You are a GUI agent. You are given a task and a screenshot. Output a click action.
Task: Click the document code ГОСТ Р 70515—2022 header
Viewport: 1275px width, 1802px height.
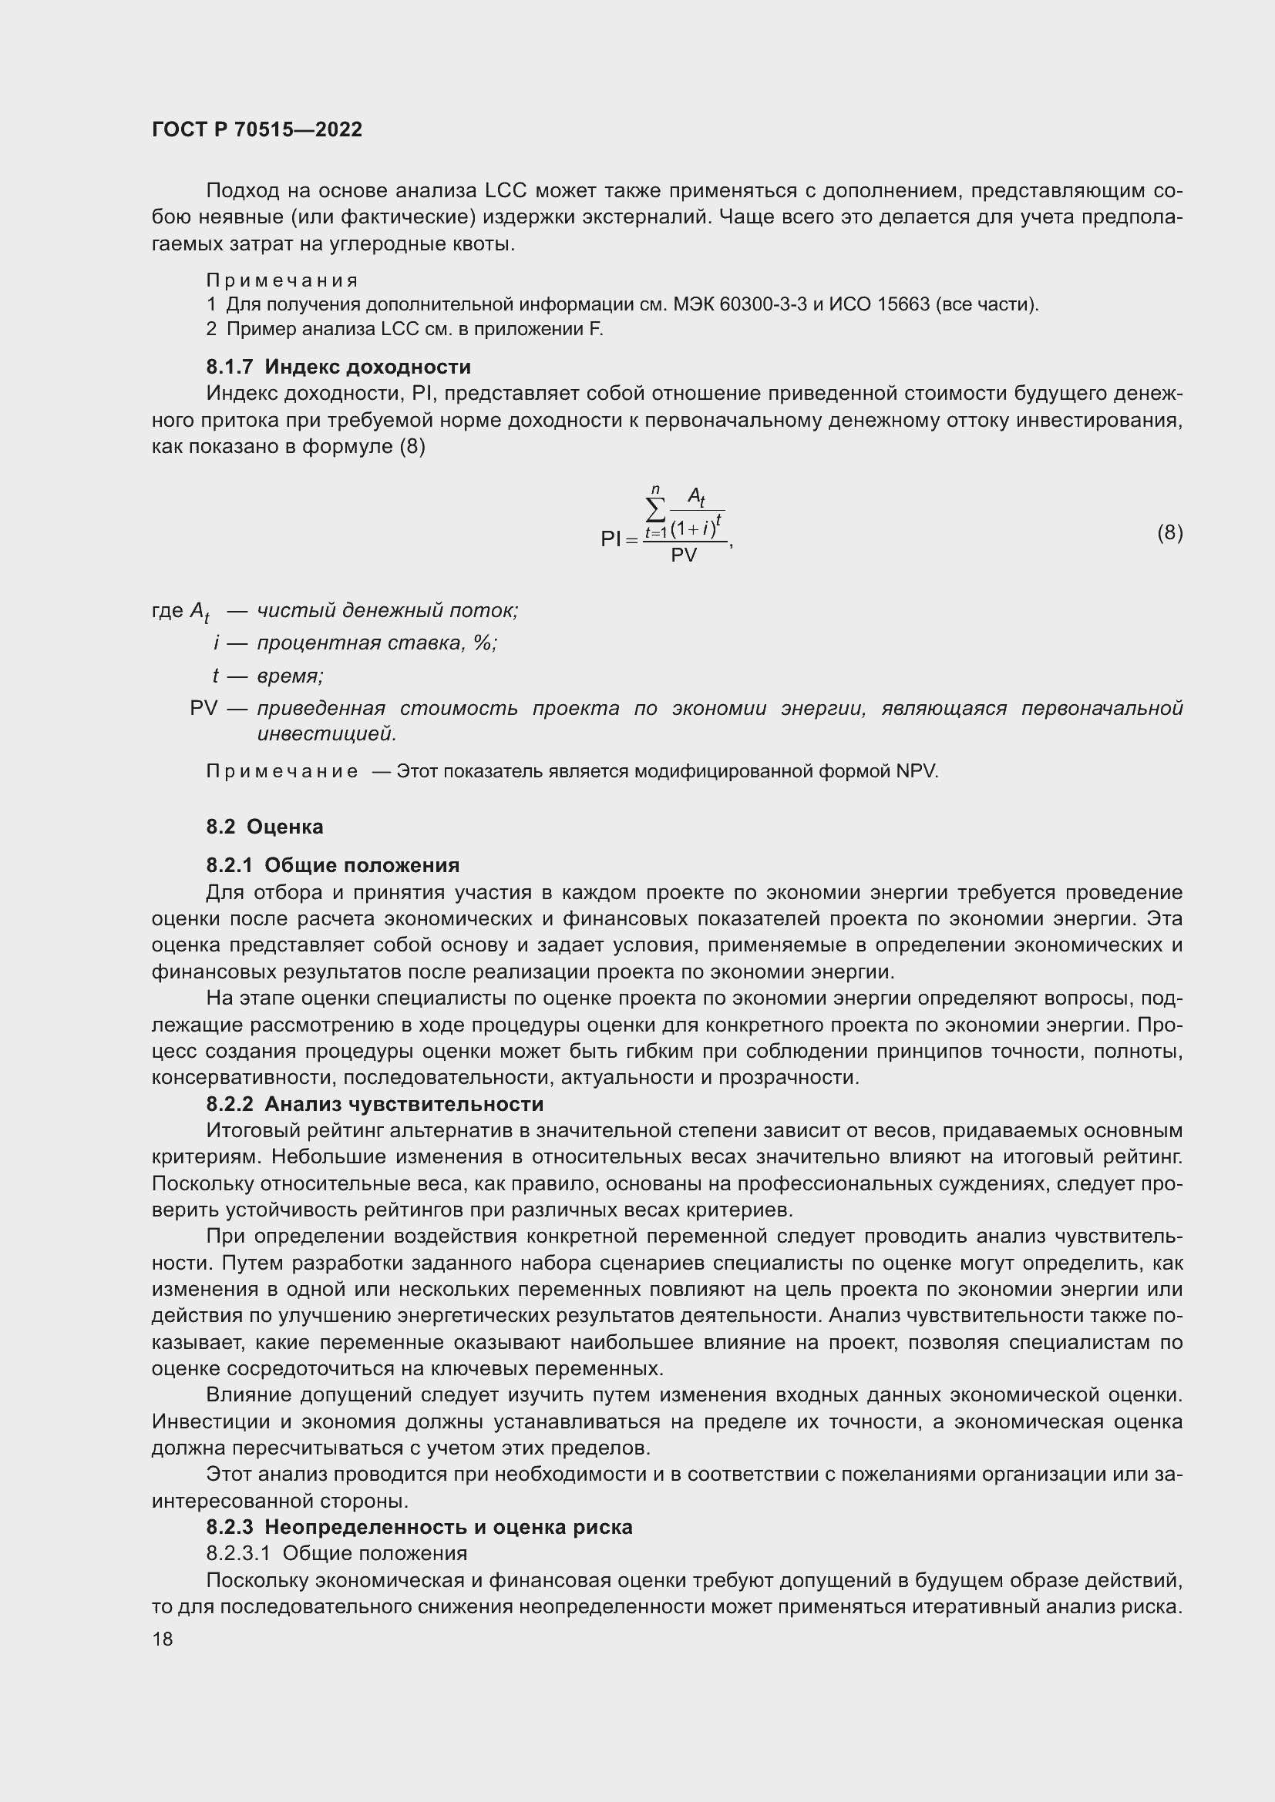point(257,129)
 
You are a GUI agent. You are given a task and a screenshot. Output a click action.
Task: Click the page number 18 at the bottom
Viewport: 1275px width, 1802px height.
point(163,1639)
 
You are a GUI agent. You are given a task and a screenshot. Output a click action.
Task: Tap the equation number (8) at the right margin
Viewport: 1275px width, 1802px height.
point(1170,533)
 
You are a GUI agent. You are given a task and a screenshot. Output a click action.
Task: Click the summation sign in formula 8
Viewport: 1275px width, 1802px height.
point(654,510)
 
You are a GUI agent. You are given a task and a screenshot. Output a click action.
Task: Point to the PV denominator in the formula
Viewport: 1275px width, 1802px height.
point(684,555)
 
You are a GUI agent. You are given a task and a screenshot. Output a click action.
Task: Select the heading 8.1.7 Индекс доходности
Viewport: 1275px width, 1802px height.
point(338,367)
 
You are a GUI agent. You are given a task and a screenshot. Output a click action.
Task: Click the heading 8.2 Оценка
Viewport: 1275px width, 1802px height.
point(264,827)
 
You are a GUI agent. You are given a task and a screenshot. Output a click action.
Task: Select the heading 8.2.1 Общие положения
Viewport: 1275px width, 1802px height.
point(333,865)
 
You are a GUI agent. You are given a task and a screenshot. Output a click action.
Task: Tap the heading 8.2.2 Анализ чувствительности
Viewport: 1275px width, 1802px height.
point(375,1103)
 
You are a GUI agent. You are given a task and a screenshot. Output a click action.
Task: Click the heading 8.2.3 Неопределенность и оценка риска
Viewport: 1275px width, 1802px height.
point(419,1526)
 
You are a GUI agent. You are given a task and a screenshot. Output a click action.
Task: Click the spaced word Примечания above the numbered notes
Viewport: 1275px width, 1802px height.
point(282,280)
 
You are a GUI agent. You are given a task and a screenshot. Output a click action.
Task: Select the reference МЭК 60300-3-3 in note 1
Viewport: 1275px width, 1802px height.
point(739,304)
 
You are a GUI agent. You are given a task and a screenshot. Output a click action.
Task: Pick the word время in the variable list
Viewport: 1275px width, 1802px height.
point(290,676)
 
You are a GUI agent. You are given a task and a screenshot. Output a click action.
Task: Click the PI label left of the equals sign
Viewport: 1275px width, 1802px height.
point(610,539)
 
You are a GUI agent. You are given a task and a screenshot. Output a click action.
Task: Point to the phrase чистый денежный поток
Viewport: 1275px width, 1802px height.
point(387,610)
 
